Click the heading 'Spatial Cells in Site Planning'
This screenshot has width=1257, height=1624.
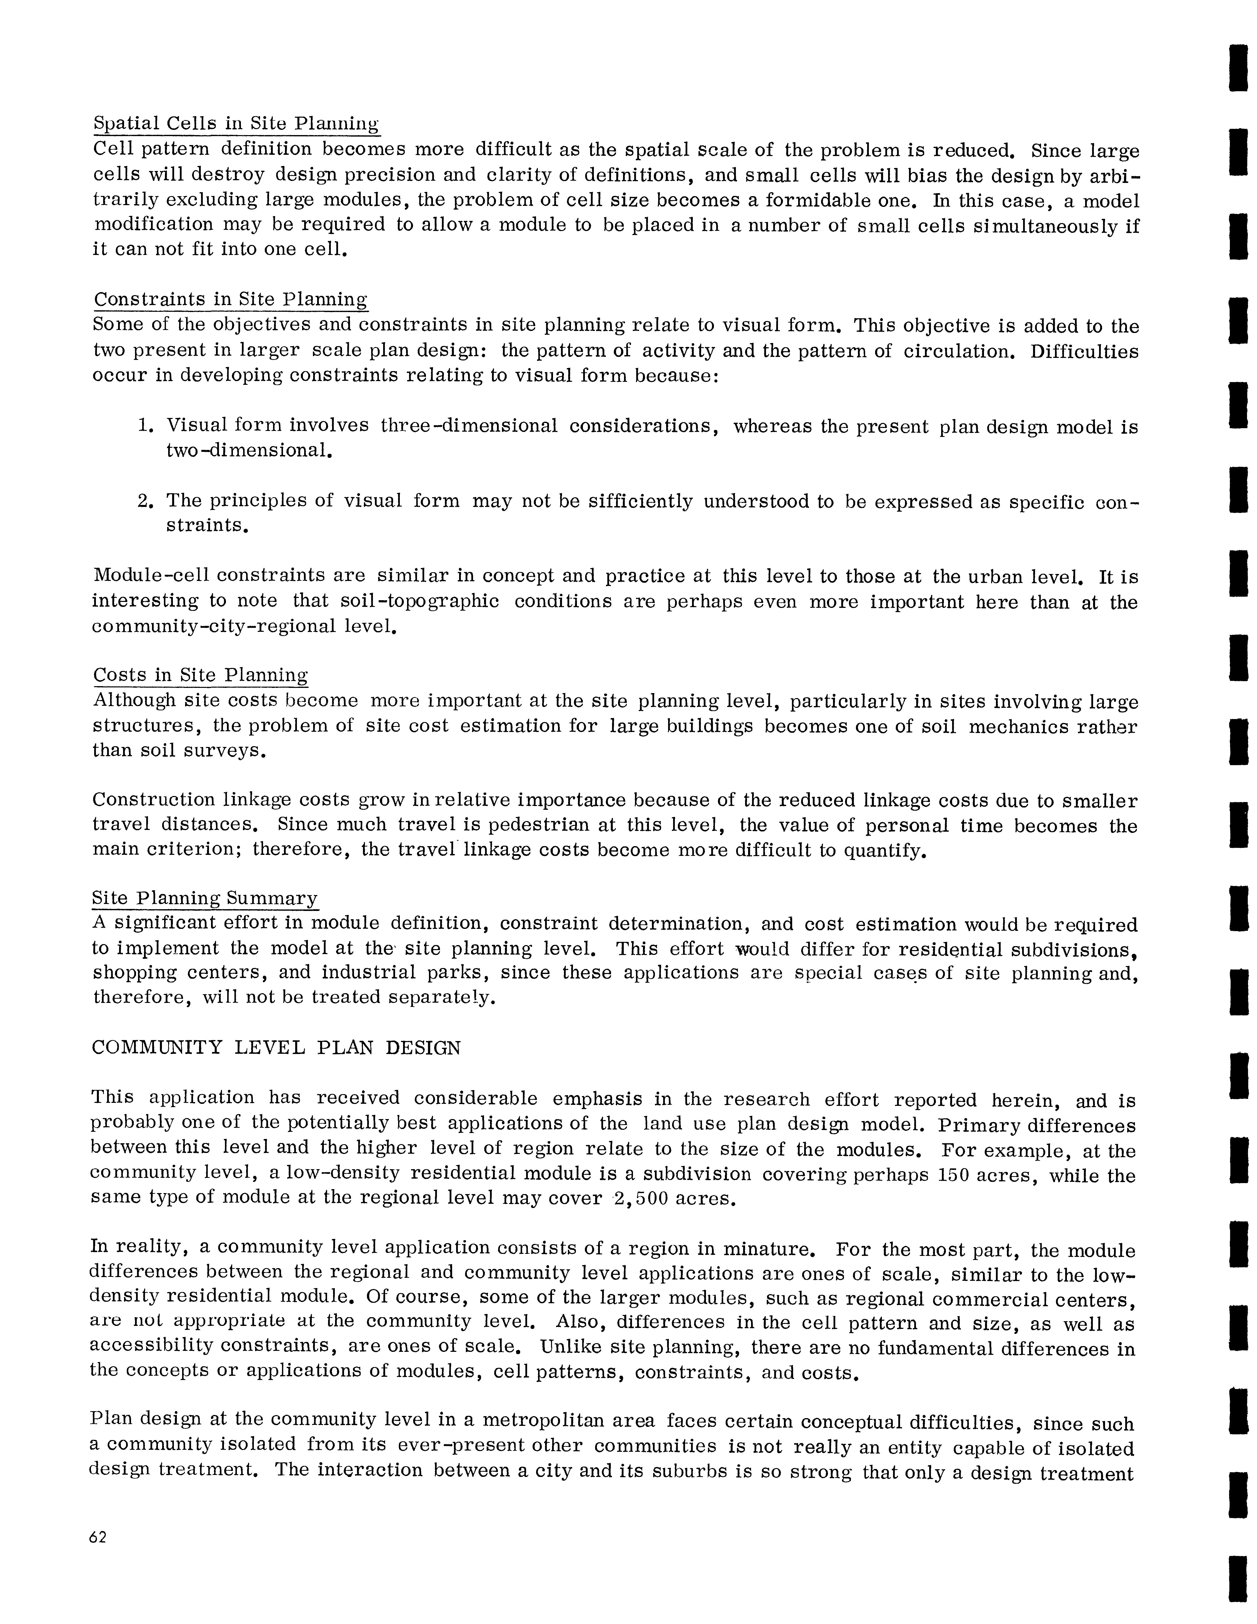(x=236, y=123)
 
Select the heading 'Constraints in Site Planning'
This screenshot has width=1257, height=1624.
(x=230, y=300)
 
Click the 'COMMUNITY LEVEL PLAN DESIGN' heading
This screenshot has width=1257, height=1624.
(x=276, y=1049)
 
